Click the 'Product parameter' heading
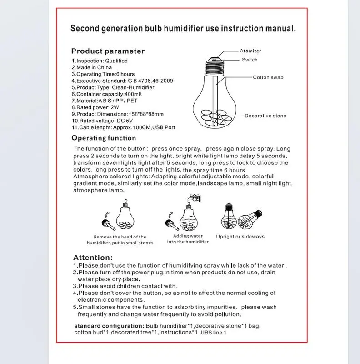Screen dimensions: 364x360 coord(108,51)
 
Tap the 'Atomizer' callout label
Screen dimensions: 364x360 coord(250,51)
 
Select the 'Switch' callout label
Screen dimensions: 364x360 coord(250,60)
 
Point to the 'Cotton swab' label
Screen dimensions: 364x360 coord(268,77)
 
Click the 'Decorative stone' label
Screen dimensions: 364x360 coord(265,116)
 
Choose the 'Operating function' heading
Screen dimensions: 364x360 coord(104,138)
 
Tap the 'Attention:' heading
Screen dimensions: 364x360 coord(93,258)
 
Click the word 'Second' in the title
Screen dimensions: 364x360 coord(86,29)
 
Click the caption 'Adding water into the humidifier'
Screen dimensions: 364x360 coord(188,239)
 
